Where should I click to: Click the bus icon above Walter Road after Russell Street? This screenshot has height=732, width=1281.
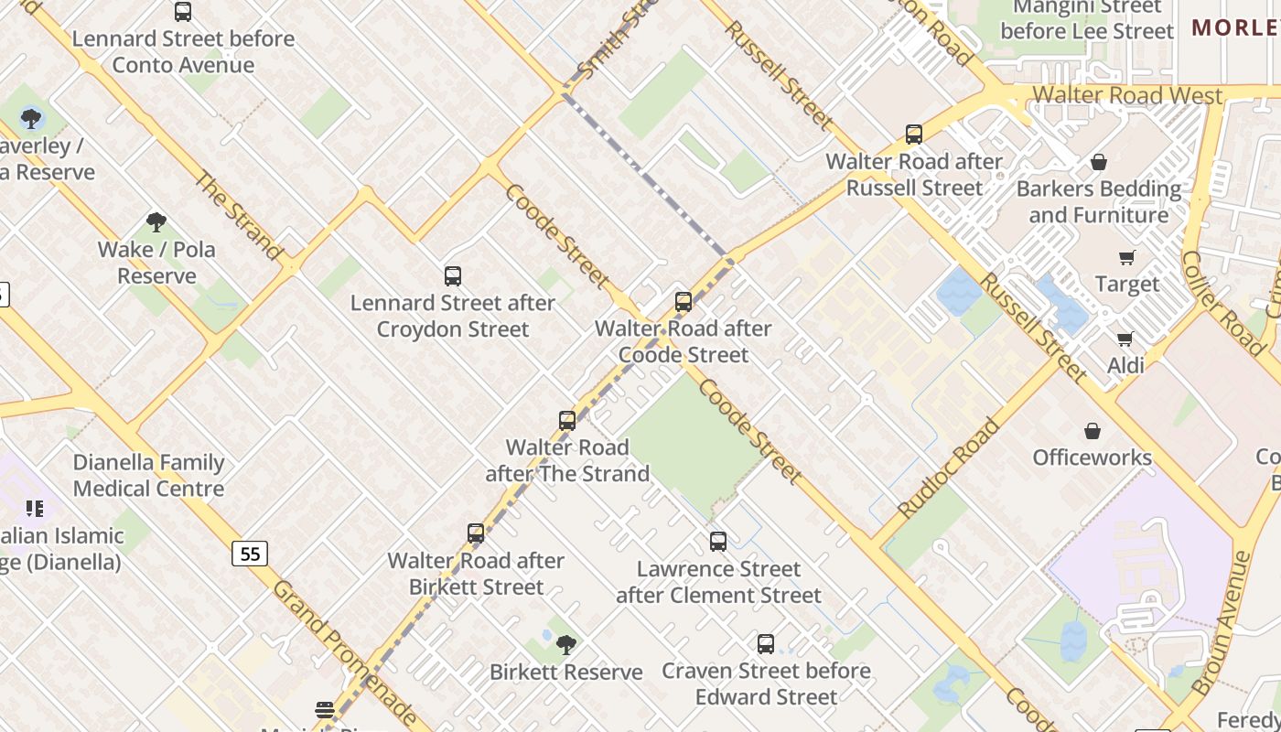tap(913, 135)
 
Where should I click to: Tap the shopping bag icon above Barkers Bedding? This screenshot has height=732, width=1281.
tap(1099, 162)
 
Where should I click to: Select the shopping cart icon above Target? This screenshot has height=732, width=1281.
tap(1126, 258)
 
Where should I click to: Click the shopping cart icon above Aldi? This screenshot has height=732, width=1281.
tap(1125, 339)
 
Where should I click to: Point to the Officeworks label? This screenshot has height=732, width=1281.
tap(1092, 457)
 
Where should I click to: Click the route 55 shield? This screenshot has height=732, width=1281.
tap(249, 554)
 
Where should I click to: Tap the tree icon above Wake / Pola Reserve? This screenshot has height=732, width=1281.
tap(156, 221)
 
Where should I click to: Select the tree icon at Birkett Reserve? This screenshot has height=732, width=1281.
tap(566, 645)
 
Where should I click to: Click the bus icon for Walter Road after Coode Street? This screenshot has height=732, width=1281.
tap(683, 302)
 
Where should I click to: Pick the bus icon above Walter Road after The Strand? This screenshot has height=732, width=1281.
tap(567, 421)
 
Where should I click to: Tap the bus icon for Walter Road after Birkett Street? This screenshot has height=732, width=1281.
tap(475, 533)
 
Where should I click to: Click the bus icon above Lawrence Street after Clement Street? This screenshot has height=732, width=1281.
tap(718, 542)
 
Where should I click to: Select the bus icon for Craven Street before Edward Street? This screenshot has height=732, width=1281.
tap(766, 644)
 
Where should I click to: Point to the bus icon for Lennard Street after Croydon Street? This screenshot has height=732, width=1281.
tap(452, 276)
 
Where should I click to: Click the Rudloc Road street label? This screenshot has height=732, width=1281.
tap(949, 468)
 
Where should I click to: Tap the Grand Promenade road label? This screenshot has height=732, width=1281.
tap(344, 651)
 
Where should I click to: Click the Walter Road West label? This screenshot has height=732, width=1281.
tap(1127, 96)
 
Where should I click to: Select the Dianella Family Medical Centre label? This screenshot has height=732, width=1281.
tap(148, 475)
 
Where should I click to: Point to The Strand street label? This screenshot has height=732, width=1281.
tap(238, 215)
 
